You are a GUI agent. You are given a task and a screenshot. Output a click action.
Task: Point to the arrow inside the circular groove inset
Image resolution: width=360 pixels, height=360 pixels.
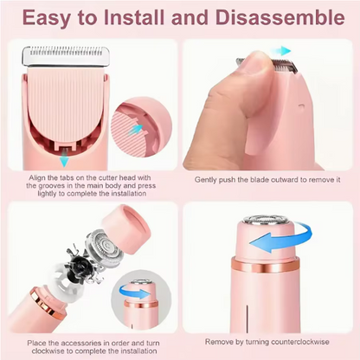(x=136, y=128)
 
